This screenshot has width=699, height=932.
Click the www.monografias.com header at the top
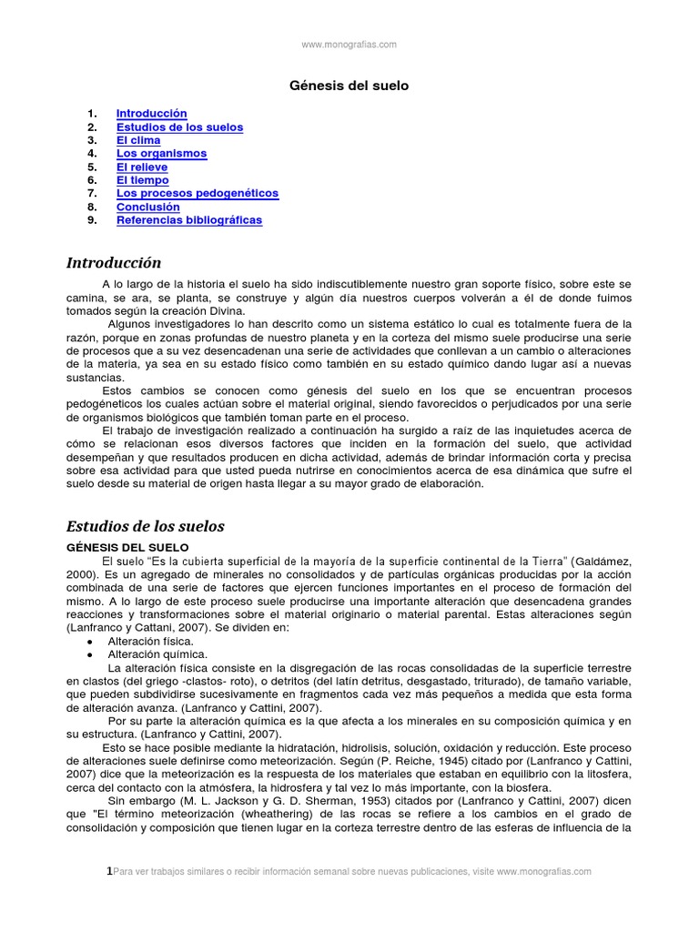(349, 44)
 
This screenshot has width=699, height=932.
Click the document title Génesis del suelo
(349, 86)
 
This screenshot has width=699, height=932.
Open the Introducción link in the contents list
(151, 114)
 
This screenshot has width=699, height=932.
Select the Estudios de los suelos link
(179, 127)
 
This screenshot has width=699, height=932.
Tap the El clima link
(138, 141)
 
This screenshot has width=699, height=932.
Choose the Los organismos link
(161, 154)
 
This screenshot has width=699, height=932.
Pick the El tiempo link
(142, 180)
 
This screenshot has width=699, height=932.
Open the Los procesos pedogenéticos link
(197, 194)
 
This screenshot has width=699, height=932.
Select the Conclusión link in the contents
(147, 207)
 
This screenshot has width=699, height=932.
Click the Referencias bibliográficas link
(188, 220)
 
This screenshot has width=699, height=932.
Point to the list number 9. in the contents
(92, 220)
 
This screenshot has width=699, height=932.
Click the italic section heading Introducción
(114, 263)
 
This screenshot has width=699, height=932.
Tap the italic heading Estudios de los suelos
(146, 526)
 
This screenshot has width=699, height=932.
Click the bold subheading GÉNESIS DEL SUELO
(127, 547)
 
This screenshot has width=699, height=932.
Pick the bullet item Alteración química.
(157, 653)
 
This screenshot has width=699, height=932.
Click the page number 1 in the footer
(110, 871)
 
